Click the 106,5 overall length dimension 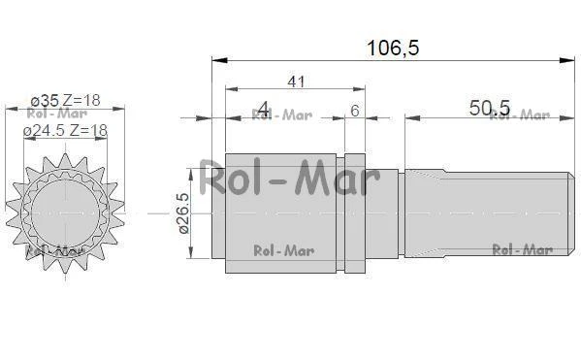(x=393, y=48)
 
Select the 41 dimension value (x=296, y=82)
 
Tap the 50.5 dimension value (x=490, y=108)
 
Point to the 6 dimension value (x=355, y=111)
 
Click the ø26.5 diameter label (x=183, y=213)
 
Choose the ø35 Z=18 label (x=66, y=100)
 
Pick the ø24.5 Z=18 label (x=65, y=130)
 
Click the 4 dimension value (x=264, y=109)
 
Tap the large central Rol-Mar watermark (x=289, y=178)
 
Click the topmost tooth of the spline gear (x=65, y=160)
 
